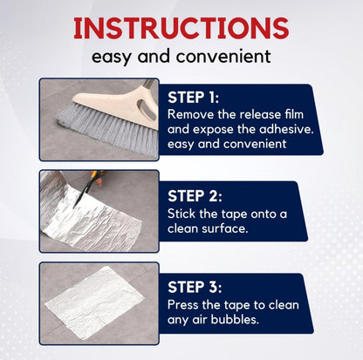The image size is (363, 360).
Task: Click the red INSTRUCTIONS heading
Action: (x=181, y=28)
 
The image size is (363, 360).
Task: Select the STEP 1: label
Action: (x=193, y=98)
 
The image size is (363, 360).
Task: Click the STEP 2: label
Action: (x=195, y=195)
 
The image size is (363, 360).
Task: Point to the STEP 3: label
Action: (x=195, y=287)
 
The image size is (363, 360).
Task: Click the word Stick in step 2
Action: (x=181, y=214)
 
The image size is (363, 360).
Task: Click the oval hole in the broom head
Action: (x=147, y=109)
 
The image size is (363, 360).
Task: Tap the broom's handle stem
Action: (x=148, y=84)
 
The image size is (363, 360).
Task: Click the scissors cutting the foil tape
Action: (x=88, y=187)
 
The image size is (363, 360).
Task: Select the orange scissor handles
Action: (x=98, y=176)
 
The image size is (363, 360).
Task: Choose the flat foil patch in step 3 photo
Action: (x=94, y=302)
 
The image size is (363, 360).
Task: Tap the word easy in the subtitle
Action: (x=111, y=57)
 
